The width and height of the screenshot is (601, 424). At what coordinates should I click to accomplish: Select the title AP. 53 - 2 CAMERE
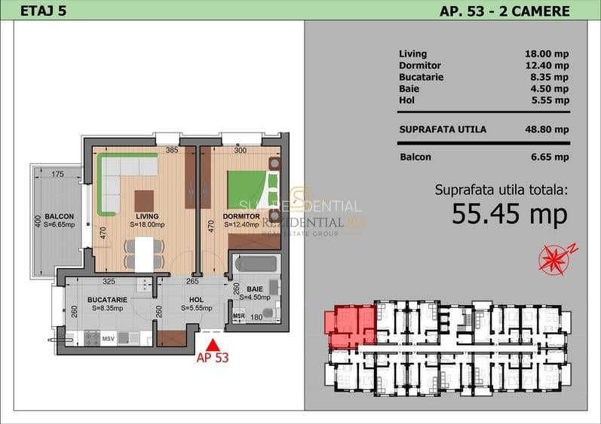tap(504, 11)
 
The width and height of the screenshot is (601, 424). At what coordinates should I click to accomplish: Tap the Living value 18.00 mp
tap(547, 54)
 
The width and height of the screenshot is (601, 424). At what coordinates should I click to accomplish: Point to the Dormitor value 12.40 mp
tap(547, 66)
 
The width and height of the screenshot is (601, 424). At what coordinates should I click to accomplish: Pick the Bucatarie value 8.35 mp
tap(549, 77)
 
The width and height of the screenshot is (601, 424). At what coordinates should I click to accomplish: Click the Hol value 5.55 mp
tap(549, 100)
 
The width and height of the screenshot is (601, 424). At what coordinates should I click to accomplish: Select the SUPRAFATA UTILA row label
tap(443, 130)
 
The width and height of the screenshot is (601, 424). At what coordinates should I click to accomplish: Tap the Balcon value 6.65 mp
tap(549, 157)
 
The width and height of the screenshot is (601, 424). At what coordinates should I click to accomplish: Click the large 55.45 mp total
tap(509, 215)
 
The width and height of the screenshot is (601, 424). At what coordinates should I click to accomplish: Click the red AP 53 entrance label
tap(212, 358)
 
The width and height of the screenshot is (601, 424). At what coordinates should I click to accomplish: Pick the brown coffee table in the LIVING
tap(143, 201)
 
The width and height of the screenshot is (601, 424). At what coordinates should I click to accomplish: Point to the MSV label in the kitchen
tap(108, 337)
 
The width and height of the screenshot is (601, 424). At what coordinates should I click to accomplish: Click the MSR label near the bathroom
tap(239, 316)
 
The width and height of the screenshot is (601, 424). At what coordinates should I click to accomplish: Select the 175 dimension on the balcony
tap(57, 175)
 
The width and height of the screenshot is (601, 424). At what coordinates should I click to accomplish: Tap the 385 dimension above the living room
tap(171, 151)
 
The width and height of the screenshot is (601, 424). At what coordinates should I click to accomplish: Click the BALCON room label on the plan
tap(57, 215)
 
